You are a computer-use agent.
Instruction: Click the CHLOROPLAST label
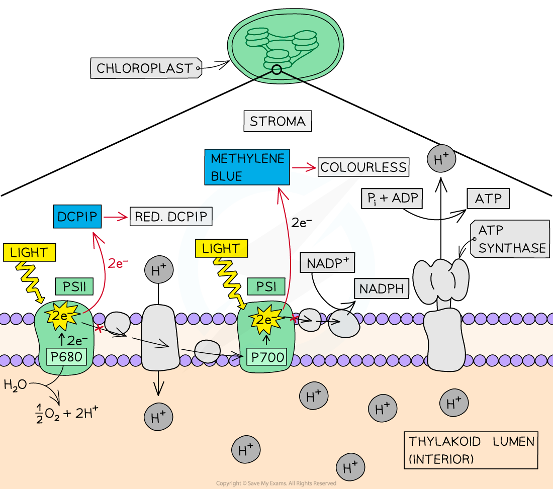(145, 68)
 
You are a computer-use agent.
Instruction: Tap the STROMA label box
(278, 122)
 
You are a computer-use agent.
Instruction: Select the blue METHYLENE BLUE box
(248, 167)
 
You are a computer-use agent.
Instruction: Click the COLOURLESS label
(363, 167)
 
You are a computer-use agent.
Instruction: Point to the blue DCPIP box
(77, 217)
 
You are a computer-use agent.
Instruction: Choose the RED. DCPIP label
(171, 217)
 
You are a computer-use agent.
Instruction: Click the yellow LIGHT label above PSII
(29, 252)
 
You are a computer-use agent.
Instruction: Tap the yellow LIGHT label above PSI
(221, 248)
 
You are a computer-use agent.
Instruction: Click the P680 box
(66, 357)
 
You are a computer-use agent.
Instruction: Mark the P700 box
(266, 358)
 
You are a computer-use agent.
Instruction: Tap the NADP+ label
(327, 262)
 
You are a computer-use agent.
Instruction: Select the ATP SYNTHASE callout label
(511, 239)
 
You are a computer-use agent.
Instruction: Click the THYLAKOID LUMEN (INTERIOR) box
(471, 450)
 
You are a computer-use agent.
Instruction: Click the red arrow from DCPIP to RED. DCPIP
(115, 218)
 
